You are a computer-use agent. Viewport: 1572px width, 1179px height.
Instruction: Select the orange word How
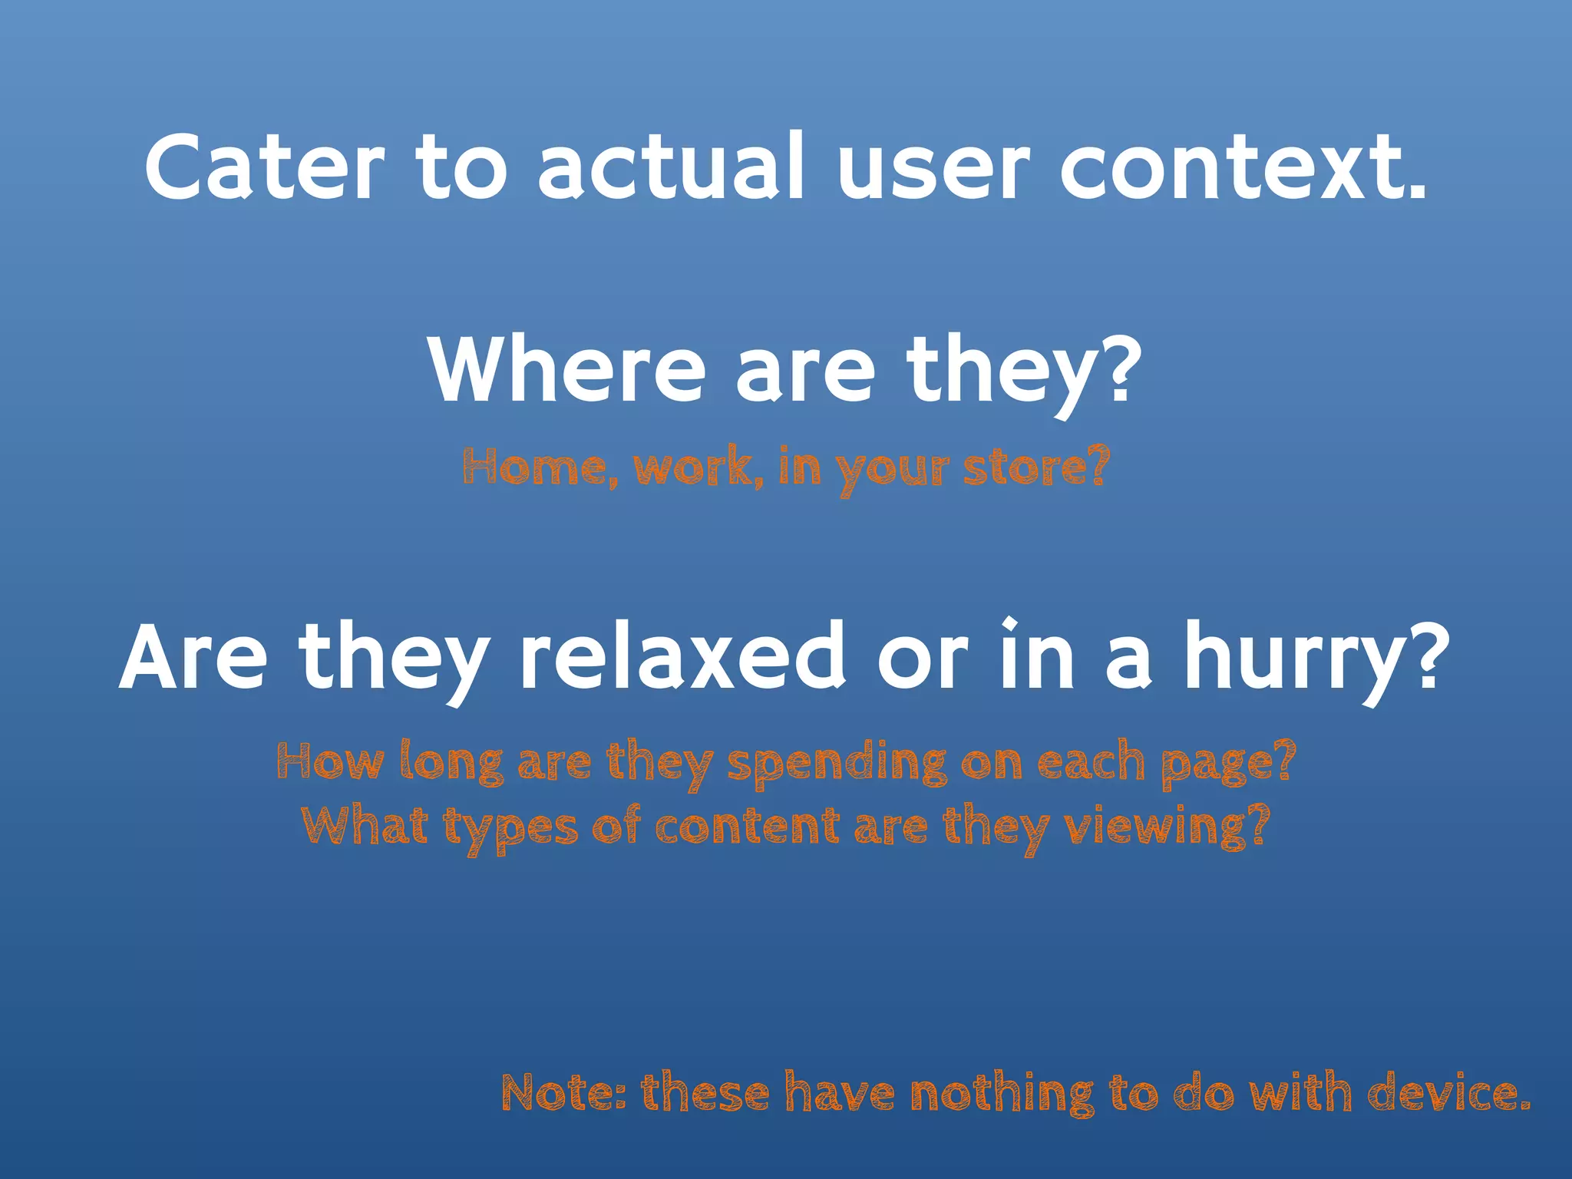pos(330,762)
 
